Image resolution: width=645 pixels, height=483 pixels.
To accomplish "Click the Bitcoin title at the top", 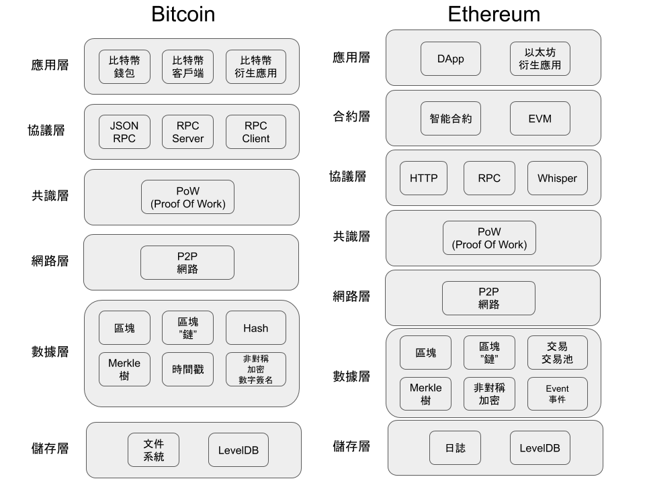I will [x=183, y=15].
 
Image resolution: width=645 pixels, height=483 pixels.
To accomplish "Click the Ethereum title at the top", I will [x=493, y=15].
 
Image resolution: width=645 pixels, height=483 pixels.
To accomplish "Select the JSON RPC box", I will [x=124, y=132].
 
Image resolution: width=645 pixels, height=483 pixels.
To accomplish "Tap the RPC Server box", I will [x=187, y=132].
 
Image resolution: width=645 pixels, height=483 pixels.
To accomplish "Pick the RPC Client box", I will [x=255, y=132].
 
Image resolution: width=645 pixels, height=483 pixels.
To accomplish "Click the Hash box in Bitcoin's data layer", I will [x=255, y=328].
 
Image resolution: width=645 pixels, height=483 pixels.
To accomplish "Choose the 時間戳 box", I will [x=187, y=370].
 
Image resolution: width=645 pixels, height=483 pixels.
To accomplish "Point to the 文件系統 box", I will [x=153, y=449].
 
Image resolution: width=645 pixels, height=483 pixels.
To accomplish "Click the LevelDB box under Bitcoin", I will [x=238, y=449].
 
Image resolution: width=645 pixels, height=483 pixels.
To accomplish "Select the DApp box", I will [x=450, y=59].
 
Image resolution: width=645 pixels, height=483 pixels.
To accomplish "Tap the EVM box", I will [x=540, y=118].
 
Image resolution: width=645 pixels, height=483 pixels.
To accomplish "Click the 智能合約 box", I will [x=450, y=118].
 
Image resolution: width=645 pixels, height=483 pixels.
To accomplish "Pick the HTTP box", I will [x=423, y=178].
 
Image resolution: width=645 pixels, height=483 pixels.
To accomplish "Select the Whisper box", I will [x=557, y=178].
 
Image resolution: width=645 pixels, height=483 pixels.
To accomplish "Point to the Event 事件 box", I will [x=557, y=394].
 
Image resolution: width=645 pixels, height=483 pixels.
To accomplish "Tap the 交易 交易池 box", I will [x=557, y=353].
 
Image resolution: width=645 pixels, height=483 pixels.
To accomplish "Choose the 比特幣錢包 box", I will [x=124, y=66].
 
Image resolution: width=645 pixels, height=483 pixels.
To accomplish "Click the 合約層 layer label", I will [x=351, y=117].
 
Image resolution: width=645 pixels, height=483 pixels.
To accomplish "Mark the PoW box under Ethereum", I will [x=489, y=238].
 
